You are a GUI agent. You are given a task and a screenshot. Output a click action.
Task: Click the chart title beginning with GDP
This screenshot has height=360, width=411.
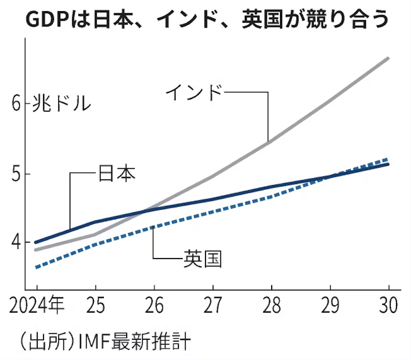[206, 20]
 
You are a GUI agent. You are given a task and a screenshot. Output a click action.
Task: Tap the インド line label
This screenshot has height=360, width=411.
[194, 92]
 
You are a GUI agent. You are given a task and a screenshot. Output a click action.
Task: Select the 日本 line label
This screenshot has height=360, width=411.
[117, 173]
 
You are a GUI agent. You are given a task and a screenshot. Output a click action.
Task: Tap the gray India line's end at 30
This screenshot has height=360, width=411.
[388, 58]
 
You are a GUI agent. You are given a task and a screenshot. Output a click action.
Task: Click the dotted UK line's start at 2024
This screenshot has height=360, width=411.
[36, 267]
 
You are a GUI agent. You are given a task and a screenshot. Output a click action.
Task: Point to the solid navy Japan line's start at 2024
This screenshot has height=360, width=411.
[36, 242]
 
